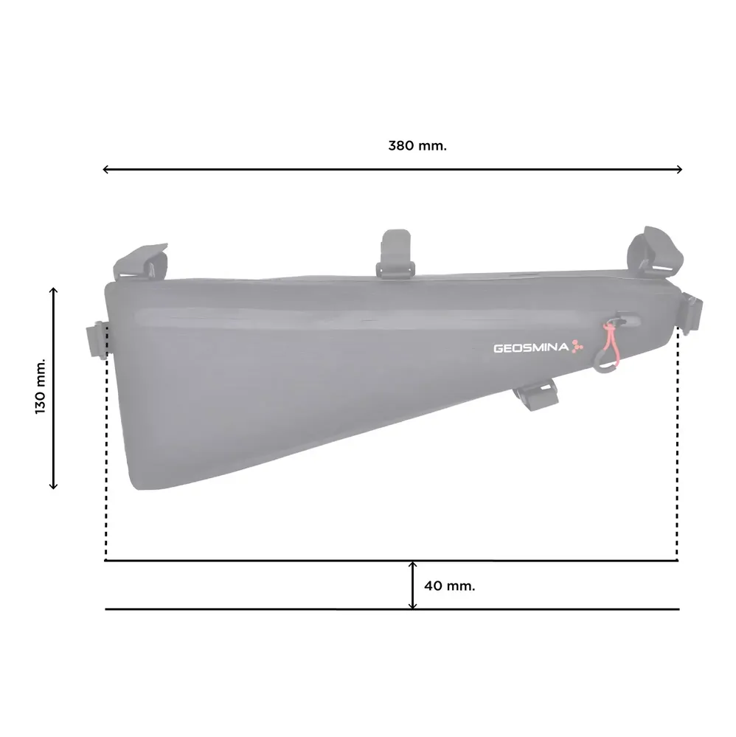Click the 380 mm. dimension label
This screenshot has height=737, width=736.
[x=417, y=146]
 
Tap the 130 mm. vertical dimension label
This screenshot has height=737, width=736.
[x=41, y=387]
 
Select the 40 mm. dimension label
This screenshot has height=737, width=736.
[x=449, y=586]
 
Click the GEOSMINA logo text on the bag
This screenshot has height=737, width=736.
[x=531, y=347]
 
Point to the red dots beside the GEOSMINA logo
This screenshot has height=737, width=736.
[x=577, y=347]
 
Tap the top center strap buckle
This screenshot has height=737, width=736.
[x=396, y=254]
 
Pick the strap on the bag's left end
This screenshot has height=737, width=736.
[x=97, y=339]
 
